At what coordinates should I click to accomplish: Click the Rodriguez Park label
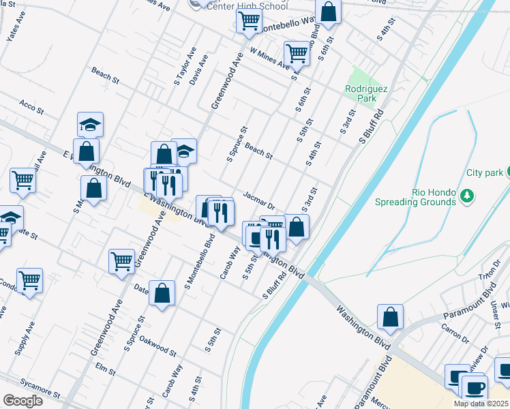[x=361, y=93]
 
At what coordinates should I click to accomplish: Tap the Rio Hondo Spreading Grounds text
[x=415, y=197]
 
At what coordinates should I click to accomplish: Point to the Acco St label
[x=31, y=106]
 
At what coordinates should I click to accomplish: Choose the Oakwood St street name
[x=157, y=346]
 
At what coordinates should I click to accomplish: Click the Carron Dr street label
[x=455, y=333]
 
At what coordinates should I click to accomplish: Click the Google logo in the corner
[x=22, y=401]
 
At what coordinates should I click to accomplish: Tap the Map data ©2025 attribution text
[x=481, y=404]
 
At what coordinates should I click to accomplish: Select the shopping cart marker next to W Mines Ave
[x=297, y=52]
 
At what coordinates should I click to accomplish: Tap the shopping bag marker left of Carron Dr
[x=390, y=317]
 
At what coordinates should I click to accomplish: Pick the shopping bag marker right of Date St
[x=162, y=294]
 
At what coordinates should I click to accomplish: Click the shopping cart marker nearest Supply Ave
[x=29, y=279]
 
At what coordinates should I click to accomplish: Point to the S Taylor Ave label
[x=183, y=66]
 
